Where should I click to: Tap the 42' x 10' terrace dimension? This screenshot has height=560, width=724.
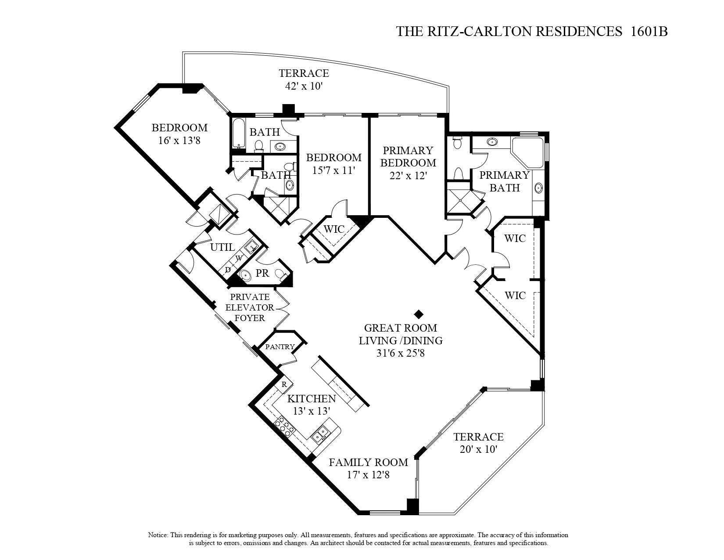pos(304,86)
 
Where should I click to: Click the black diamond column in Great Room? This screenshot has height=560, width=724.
pos(419,314)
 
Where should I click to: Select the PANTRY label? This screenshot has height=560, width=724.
pos(280,347)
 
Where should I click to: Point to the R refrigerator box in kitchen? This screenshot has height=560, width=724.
pos(284,384)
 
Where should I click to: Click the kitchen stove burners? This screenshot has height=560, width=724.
pos(285,427)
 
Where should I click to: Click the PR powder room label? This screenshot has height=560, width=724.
pos(262,273)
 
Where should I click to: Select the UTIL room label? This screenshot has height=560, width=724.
pos(222,247)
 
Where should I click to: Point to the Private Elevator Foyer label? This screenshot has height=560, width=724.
pos(250,307)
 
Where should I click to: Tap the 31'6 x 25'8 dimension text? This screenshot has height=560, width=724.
pos(400,353)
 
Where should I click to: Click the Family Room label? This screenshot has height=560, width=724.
pos(368,462)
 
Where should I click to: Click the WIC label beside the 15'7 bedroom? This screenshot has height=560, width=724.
pos(334,229)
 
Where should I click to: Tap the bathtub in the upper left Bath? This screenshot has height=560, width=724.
pos(238,134)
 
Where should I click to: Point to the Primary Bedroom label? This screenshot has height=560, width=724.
pos(408,157)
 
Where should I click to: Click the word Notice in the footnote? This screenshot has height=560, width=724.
pos(158,535)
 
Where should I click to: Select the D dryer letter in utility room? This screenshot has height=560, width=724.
pos(228,269)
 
